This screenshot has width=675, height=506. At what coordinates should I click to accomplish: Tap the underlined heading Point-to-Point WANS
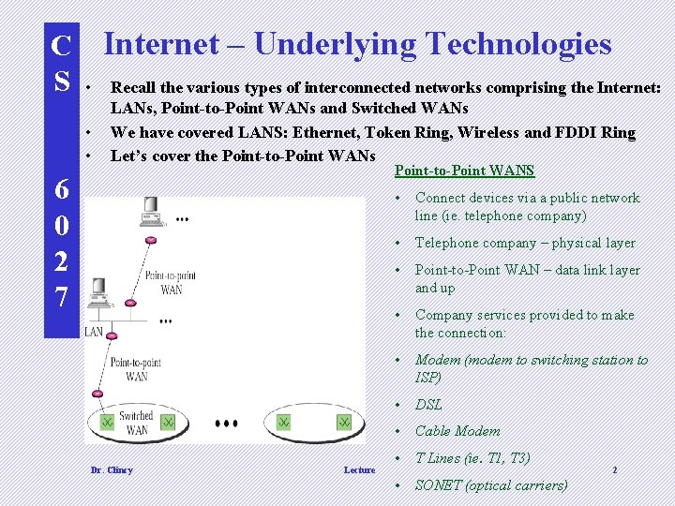[x=464, y=171]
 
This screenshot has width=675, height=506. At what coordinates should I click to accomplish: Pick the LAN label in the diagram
[x=94, y=332]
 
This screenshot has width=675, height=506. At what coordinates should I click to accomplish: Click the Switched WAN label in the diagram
[x=135, y=423]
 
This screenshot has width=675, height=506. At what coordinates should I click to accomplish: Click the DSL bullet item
[x=428, y=405]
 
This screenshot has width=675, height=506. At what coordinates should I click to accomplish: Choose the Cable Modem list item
[x=457, y=431]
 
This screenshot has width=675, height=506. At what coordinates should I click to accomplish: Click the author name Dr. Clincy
[x=111, y=470]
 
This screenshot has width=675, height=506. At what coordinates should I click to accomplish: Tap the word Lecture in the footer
[x=359, y=470]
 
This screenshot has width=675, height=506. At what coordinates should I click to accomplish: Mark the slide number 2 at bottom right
[x=614, y=469]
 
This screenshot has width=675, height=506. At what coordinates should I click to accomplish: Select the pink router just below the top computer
[x=150, y=241]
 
